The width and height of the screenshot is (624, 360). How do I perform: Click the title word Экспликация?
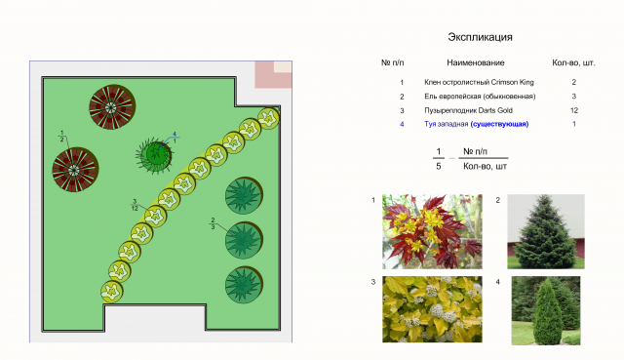tap(480, 37)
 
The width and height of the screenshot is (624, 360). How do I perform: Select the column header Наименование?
tap(476, 62)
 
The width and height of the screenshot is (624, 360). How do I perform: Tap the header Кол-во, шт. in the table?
tap(573, 62)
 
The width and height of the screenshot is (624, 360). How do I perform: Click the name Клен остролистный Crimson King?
tap(479, 82)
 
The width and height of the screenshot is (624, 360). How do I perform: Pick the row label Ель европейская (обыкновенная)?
tap(480, 97)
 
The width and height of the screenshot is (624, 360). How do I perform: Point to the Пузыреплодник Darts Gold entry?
tap(468, 110)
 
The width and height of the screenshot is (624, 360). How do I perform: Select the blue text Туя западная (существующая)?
tap(477, 124)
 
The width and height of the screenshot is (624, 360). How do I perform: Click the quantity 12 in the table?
tap(574, 110)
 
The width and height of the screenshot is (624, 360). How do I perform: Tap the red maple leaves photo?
tap(432, 231)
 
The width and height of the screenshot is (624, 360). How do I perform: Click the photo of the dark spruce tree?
tap(546, 231)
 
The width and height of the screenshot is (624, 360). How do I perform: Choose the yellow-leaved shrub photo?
tap(432, 309)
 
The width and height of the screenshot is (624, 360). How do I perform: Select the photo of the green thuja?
tap(546, 310)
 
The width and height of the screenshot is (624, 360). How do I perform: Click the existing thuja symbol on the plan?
tap(155, 155)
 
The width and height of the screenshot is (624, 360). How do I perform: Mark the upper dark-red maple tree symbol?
tap(112, 106)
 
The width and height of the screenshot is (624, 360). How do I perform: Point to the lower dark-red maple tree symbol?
tap(75, 169)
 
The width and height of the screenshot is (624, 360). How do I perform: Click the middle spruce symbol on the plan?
tap(244, 240)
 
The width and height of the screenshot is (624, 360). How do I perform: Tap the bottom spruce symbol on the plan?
tap(244, 285)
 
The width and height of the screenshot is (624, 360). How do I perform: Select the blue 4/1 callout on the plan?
tap(175, 138)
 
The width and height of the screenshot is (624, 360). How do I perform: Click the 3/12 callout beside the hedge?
tap(135, 205)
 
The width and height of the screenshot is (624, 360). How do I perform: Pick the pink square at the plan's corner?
tap(273, 74)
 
